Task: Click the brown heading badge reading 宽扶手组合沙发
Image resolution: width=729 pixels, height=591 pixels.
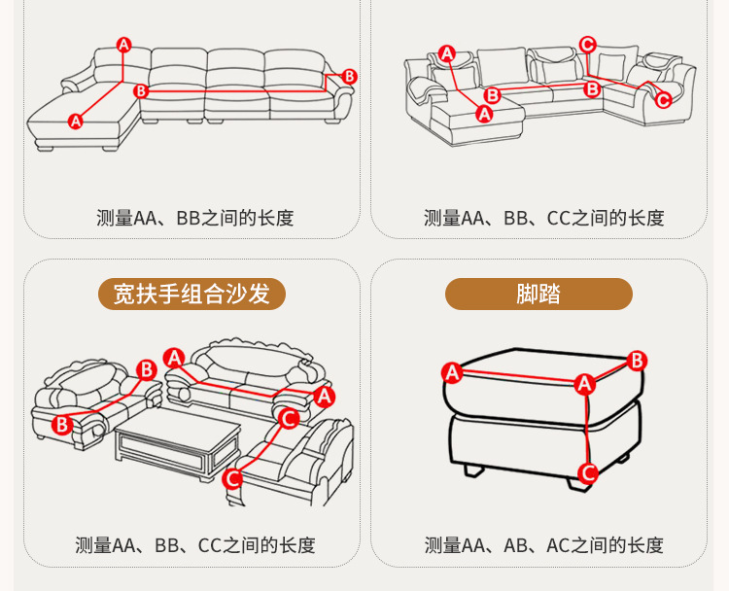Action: point(191,294)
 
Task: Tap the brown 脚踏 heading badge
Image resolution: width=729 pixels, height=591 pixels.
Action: point(538,294)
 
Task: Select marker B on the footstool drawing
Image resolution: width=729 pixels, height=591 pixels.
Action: point(637,362)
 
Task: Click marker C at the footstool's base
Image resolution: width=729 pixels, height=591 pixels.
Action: point(587,473)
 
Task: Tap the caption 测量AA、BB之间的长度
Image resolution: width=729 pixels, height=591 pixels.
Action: point(195,218)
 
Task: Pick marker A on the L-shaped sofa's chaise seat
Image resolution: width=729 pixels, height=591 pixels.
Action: point(76,122)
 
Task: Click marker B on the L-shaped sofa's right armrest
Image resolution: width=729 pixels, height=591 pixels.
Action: point(350,77)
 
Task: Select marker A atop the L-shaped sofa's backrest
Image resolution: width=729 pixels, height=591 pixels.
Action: point(124,45)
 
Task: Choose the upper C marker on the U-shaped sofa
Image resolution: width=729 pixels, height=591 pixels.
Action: point(587,44)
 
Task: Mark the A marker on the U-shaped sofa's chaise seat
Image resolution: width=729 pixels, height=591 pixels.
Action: point(484,114)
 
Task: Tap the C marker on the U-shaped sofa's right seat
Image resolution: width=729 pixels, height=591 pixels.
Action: point(663,99)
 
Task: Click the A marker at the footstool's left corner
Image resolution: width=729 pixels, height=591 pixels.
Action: point(451,372)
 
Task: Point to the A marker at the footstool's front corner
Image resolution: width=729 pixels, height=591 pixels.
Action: point(583,384)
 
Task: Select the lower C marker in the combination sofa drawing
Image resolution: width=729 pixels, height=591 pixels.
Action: point(232,478)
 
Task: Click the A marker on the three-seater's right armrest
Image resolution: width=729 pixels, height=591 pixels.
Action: point(324,396)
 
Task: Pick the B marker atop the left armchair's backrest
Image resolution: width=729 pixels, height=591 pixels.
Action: point(147,370)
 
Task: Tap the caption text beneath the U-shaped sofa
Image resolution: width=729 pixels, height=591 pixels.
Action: point(544,218)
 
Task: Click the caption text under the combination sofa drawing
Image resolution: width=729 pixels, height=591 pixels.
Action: point(195,545)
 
